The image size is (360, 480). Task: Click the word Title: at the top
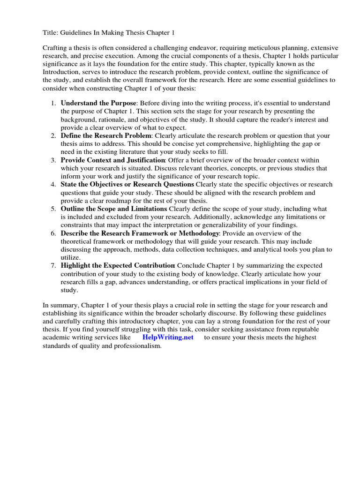coord(50,32)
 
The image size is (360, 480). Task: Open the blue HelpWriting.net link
coord(168,337)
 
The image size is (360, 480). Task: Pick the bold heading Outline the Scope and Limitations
coord(114,209)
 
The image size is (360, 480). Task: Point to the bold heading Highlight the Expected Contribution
coord(118,266)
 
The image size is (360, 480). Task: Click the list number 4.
coord(53,185)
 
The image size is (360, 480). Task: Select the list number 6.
coord(53,233)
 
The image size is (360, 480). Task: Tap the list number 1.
coord(53,103)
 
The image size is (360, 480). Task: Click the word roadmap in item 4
coord(120,201)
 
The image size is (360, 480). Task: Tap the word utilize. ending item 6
coord(70,258)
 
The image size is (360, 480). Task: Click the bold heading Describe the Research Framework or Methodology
coord(140,233)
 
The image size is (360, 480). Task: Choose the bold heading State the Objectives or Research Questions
coord(127,184)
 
